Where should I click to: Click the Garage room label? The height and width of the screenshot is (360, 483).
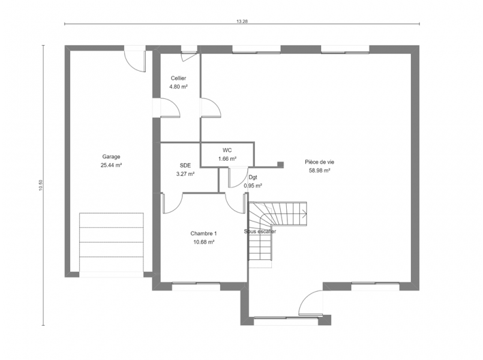pyautogui.click(x=111, y=157)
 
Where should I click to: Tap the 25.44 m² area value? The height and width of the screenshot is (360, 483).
pyautogui.click(x=111, y=165)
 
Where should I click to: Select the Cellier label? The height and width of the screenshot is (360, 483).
pyautogui.click(x=178, y=79)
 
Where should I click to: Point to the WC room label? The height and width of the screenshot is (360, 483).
pyautogui.click(x=227, y=150)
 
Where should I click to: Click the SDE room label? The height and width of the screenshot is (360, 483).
pyautogui.click(x=185, y=166)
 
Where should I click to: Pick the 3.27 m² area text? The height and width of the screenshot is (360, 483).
pyautogui.click(x=185, y=174)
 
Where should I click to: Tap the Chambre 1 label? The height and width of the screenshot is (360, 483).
pyautogui.click(x=203, y=233)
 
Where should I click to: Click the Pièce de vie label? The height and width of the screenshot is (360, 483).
pyautogui.click(x=319, y=162)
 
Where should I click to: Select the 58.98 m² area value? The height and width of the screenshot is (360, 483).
pyautogui.click(x=320, y=170)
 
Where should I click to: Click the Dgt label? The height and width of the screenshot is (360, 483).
pyautogui.click(x=253, y=178)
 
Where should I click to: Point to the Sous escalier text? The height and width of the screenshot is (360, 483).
pyautogui.click(x=260, y=231)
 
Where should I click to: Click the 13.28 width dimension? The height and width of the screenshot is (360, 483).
pyautogui.click(x=242, y=21)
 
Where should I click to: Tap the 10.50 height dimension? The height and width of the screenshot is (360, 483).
pyautogui.click(x=41, y=185)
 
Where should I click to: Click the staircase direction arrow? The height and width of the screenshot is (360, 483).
pyautogui.click(x=304, y=213)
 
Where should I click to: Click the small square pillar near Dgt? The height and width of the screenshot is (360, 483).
pyautogui.click(x=280, y=165)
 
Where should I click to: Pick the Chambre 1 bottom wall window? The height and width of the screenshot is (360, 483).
pyautogui.click(x=196, y=285)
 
